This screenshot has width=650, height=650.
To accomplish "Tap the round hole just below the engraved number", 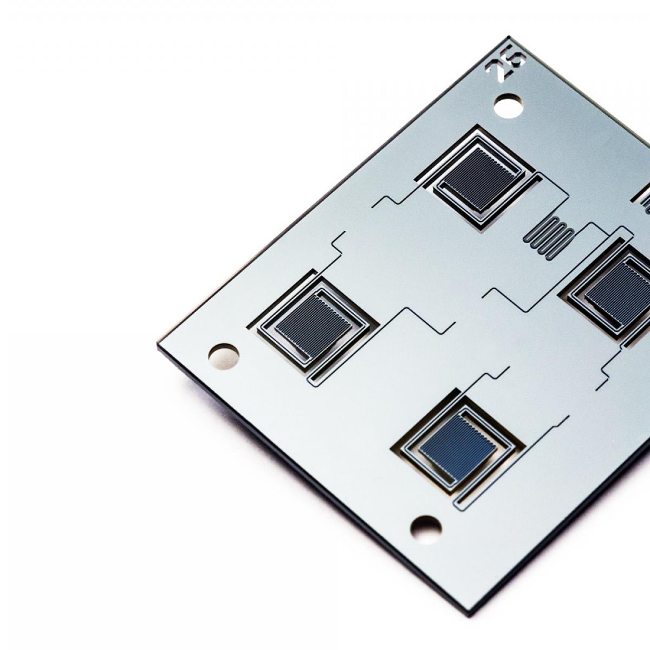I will pyautogui.click(x=508, y=106).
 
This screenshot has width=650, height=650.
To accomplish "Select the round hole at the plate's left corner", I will pyautogui.click(x=224, y=356).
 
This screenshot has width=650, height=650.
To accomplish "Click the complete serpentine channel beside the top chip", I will pyautogui.click(x=549, y=237).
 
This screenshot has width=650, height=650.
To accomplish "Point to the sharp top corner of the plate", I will pyautogui.click(x=509, y=37).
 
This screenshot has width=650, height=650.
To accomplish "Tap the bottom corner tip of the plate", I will pyautogui.click(x=469, y=615).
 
